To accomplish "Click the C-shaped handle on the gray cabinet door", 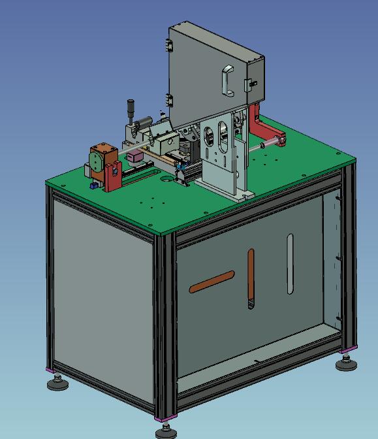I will (x=226, y=80).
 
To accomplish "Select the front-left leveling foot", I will (x=57, y=382).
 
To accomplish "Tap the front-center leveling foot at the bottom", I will (x=166, y=431).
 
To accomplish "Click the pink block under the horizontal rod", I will (x=135, y=157).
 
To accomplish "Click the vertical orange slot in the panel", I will (x=250, y=278).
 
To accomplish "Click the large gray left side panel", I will (x=101, y=294).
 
